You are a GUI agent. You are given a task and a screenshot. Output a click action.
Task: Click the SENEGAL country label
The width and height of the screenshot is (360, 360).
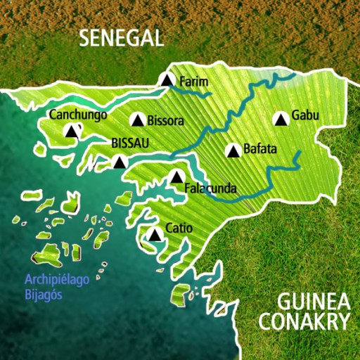tap(121, 38)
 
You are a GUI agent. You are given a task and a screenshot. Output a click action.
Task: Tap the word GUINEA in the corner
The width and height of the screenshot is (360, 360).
tap(314, 302)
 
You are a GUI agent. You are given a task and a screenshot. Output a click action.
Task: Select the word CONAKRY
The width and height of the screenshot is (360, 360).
tap(304, 322)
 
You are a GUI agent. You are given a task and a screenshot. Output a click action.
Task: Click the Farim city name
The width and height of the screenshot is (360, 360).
tap(195, 82)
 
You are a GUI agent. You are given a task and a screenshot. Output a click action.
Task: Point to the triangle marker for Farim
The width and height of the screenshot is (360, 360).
tap(167, 81)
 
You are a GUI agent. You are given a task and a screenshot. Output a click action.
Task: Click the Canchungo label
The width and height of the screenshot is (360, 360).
tap(77, 115)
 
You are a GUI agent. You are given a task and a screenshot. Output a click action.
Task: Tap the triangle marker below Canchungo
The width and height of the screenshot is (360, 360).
tap(71, 131)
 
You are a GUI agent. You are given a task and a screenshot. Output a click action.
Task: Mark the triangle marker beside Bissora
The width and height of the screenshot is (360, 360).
tap(137, 120)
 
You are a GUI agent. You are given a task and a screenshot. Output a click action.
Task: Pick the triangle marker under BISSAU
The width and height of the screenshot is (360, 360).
tap(120, 162)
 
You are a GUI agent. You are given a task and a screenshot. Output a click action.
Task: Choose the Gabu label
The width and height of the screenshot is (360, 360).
tap(305, 115)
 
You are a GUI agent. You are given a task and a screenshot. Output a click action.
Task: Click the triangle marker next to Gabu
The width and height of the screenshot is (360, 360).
tap(281, 119)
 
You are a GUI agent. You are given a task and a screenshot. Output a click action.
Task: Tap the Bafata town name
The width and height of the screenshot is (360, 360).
tap(260, 149)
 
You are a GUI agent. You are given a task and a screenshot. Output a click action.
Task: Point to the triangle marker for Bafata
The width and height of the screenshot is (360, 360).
tap(232, 150)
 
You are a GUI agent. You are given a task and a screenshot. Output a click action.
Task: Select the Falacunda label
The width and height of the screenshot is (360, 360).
tap(210, 188)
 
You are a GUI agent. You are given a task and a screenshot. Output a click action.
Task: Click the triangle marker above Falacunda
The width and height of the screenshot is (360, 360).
tap(176, 176)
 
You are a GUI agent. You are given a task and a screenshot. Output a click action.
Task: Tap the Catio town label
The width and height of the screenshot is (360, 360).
tap(179, 228)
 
